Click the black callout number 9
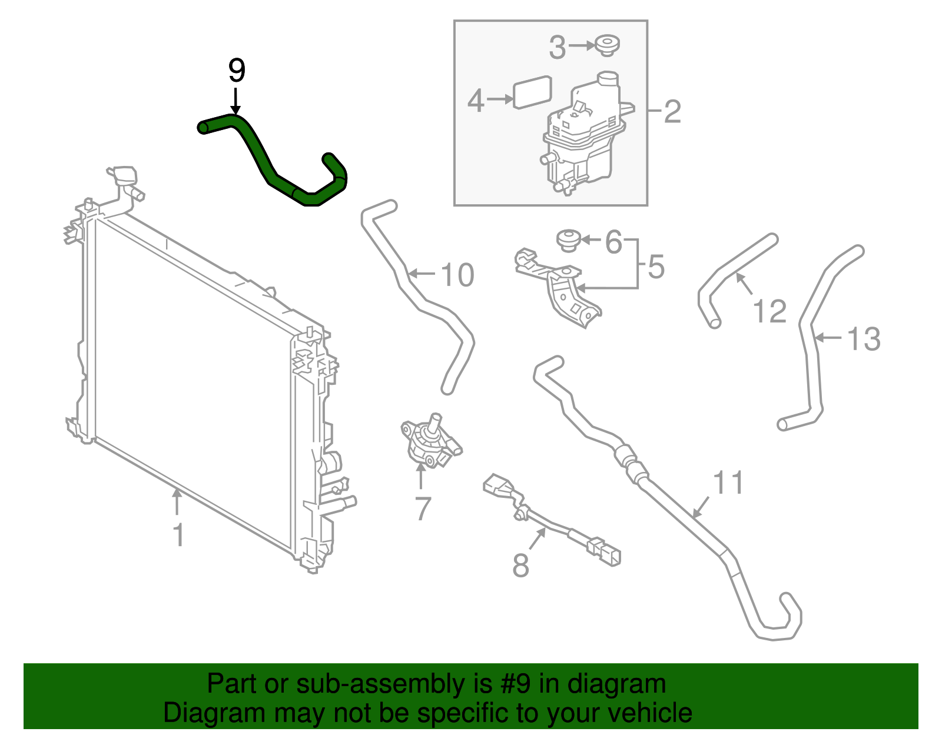(x=236, y=71)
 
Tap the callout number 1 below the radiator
(x=178, y=535)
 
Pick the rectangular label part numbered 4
(x=532, y=92)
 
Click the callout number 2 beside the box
(x=672, y=112)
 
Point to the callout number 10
(x=457, y=275)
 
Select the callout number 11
(x=728, y=483)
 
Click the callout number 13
(x=864, y=339)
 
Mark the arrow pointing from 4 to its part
(x=500, y=99)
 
